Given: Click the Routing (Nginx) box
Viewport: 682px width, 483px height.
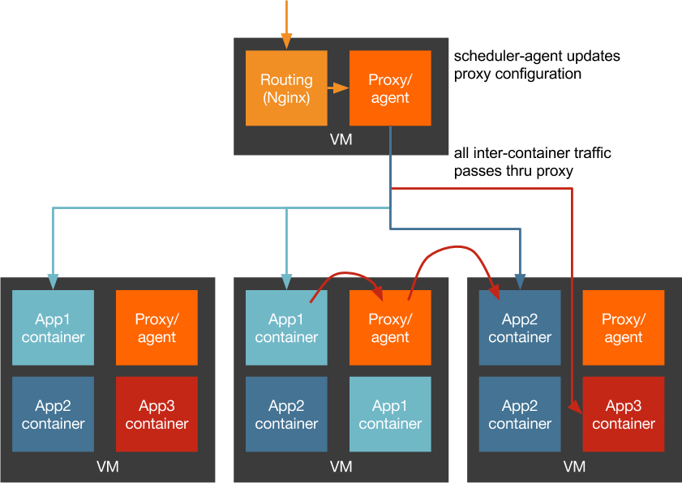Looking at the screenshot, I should click(x=286, y=88).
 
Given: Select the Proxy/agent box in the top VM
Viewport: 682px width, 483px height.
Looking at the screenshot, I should click(x=390, y=88).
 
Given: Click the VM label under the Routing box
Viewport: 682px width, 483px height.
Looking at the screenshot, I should click(x=341, y=139).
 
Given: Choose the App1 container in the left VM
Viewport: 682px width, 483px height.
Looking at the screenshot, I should click(x=54, y=327).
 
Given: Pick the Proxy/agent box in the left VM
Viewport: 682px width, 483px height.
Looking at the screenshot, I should click(x=157, y=327).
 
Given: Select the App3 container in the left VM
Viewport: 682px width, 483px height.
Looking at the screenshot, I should click(x=157, y=414).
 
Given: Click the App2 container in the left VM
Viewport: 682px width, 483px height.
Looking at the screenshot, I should click(x=54, y=414).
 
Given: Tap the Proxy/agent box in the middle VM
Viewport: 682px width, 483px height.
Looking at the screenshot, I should click(x=390, y=327).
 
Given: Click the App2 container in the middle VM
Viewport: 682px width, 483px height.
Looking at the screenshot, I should click(x=286, y=414).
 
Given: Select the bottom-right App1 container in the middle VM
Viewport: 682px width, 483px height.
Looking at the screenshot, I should click(x=390, y=414).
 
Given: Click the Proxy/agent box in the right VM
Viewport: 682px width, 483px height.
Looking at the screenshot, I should click(x=624, y=327).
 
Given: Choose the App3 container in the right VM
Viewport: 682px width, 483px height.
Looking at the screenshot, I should click(x=624, y=414).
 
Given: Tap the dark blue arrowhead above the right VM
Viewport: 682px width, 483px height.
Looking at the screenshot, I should click(x=520, y=281).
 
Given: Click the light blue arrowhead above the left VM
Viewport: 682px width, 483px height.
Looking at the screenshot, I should click(x=54, y=281).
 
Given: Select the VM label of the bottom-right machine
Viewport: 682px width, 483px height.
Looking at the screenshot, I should click(x=574, y=467).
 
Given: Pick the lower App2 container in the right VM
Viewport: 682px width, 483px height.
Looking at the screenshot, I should click(x=520, y=414).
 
